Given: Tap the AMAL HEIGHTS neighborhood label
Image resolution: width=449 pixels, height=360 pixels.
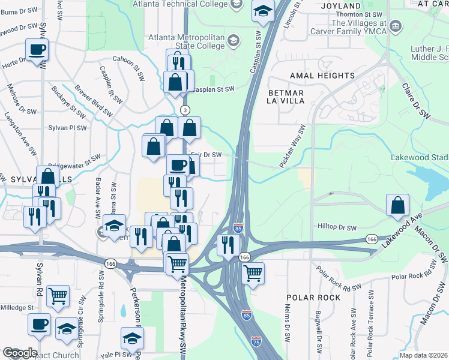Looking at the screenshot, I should coord(322,76).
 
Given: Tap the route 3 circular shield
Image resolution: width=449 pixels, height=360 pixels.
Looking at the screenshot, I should coord(185,110).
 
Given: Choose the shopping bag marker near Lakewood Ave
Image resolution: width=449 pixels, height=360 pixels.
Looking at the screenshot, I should coord(397,205).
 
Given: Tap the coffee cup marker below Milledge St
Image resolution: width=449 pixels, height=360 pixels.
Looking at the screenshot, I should coord(40,324).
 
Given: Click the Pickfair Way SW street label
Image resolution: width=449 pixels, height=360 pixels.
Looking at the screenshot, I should coord(293,146).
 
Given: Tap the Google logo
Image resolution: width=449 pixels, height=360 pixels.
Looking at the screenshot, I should coord(20,353).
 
